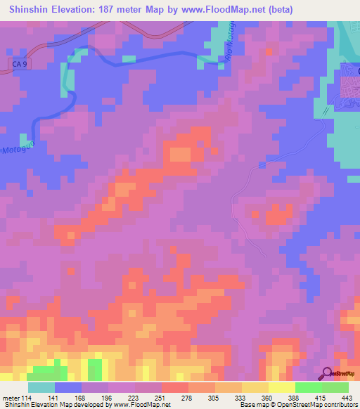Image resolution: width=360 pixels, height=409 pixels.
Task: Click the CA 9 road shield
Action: point(20,64)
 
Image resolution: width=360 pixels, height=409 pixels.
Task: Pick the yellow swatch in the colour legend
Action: point(281,387)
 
